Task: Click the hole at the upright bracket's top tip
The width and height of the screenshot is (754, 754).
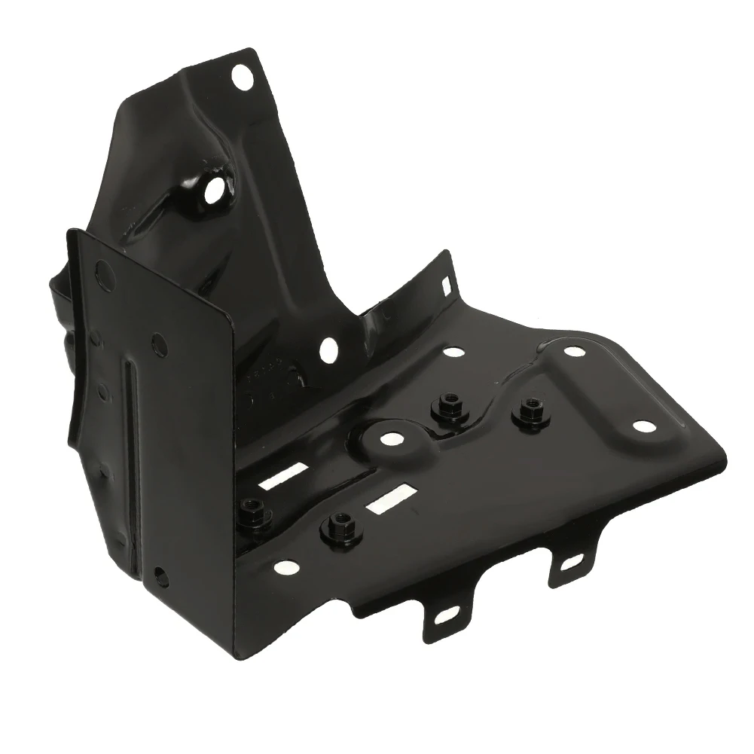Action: [240, 77]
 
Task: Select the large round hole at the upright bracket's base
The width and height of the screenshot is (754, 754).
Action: [328, 348]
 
